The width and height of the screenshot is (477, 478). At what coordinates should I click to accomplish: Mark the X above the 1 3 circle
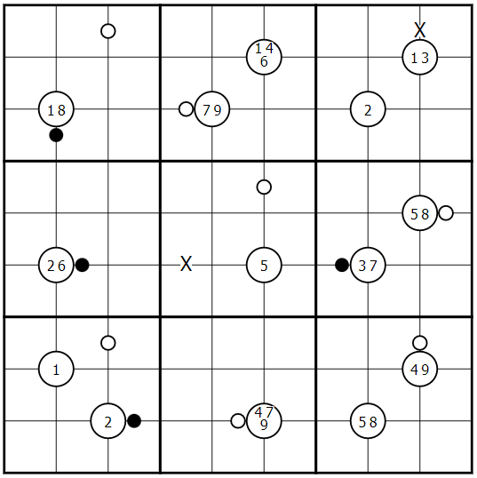pyautogui.click(x=420, y=30)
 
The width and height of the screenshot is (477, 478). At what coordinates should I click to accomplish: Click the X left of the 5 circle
pyautogui.click(x=187, y=264)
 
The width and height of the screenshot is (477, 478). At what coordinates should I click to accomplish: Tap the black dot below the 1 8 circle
pyautogui.click(x=56, y=135)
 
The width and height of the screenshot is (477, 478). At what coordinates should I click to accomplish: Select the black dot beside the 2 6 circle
pyautogui.click(x=83, y=265)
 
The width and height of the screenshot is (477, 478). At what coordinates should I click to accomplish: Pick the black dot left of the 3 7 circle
pyautogui.click(x=342, y=265)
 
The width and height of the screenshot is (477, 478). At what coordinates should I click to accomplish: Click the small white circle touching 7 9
pyautogui.click(x=187, y=109)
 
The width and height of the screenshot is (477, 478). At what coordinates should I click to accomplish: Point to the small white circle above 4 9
pyautogui.click(x=420, y=343)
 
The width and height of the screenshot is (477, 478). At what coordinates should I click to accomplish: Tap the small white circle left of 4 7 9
pyautogui.click(x=238, y=421)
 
